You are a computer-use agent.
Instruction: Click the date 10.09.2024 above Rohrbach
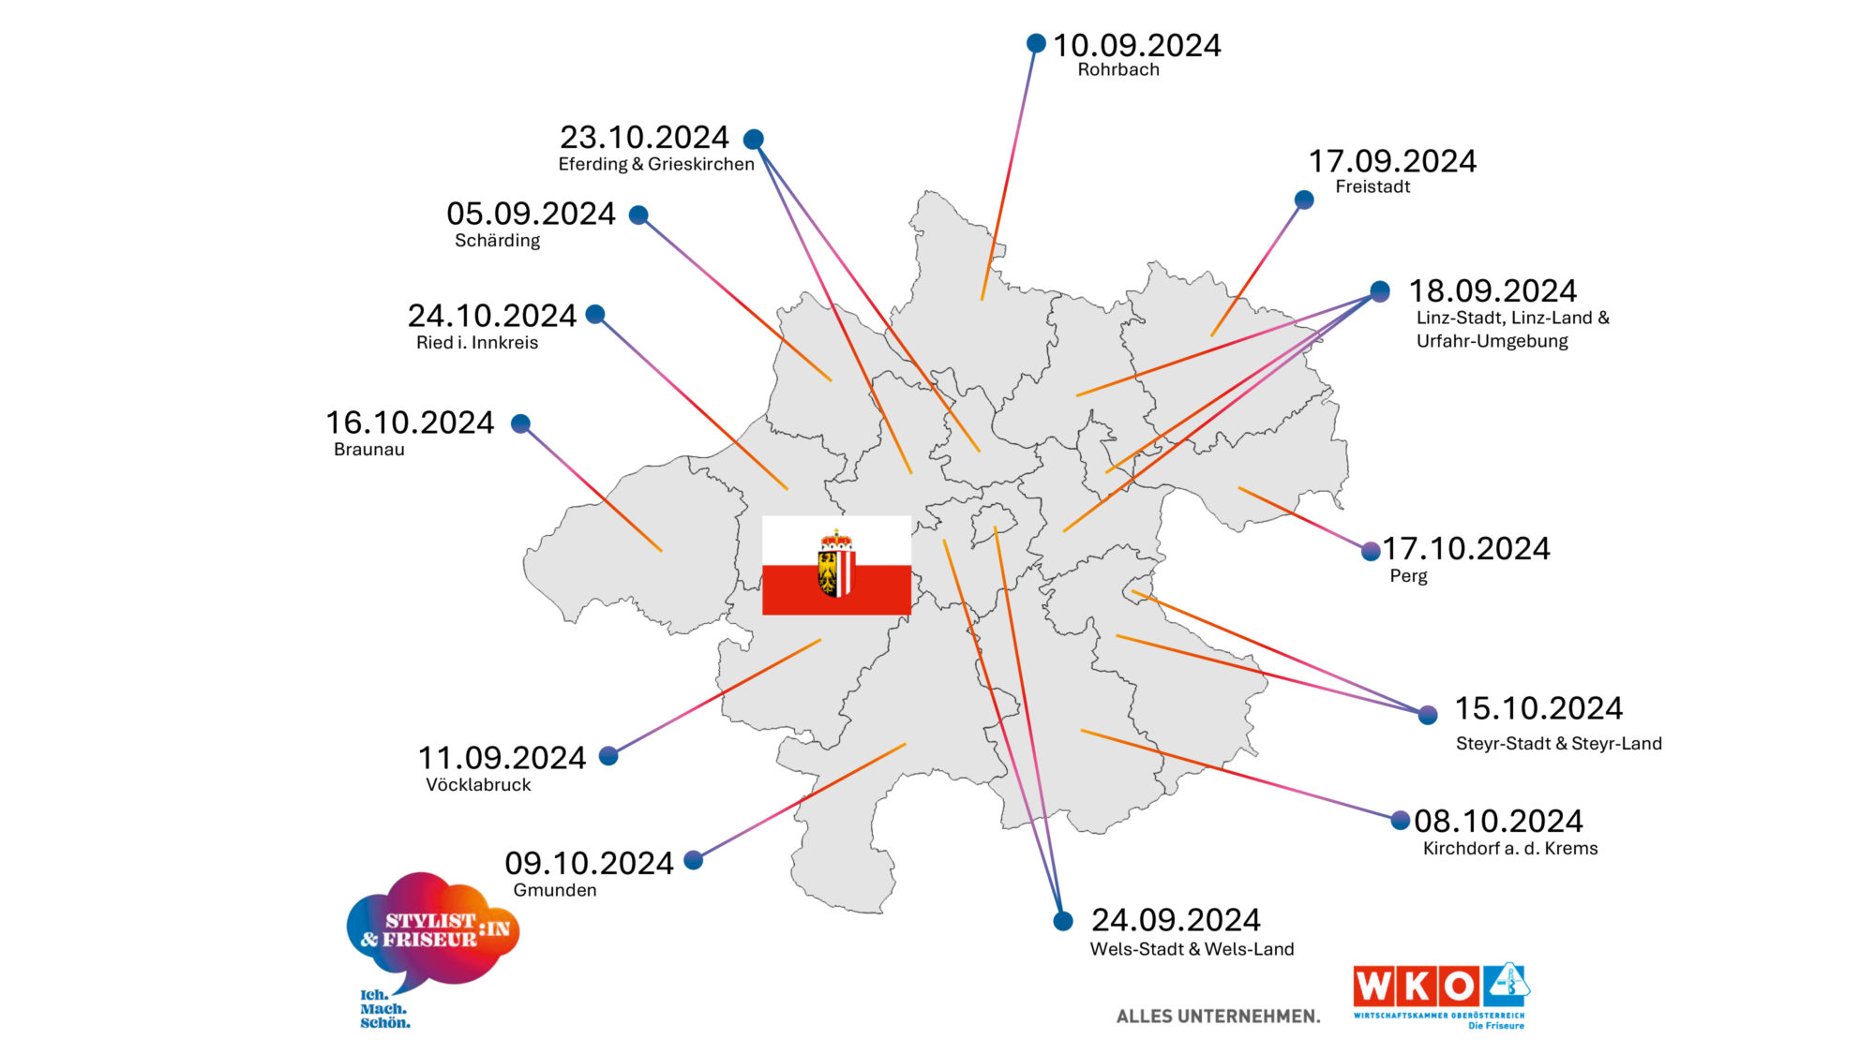coord(1136,45)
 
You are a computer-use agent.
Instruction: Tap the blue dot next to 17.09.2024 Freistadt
coord(1304,200)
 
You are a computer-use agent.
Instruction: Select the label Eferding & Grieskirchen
coord(656,164)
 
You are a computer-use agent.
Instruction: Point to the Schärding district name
coord(497,241)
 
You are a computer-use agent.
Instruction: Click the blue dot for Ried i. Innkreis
coord(595,314)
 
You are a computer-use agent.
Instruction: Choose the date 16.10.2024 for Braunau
coord(410,423)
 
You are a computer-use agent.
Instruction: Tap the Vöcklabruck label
coord(478,785)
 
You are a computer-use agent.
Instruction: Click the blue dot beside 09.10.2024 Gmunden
coord(694,860)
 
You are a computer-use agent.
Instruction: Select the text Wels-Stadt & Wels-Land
coord(1192,949)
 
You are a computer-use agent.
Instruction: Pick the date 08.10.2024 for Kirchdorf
coord(1498,822)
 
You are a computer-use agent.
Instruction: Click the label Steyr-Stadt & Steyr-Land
coord(1558,744)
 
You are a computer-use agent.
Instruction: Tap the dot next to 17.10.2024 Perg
coord(1371,551)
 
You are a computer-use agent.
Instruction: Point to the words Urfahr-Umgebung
coord(1492,341)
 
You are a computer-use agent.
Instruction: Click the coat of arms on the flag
coord(836,564)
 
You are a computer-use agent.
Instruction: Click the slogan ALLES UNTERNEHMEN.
coord(1218,1017)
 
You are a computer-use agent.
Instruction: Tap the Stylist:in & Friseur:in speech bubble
coord(433,929)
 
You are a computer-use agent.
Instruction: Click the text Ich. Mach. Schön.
coord(384,1009)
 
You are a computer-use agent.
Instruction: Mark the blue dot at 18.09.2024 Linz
coord(1380,291)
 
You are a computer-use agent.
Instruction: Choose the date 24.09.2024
coord(1176,920)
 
